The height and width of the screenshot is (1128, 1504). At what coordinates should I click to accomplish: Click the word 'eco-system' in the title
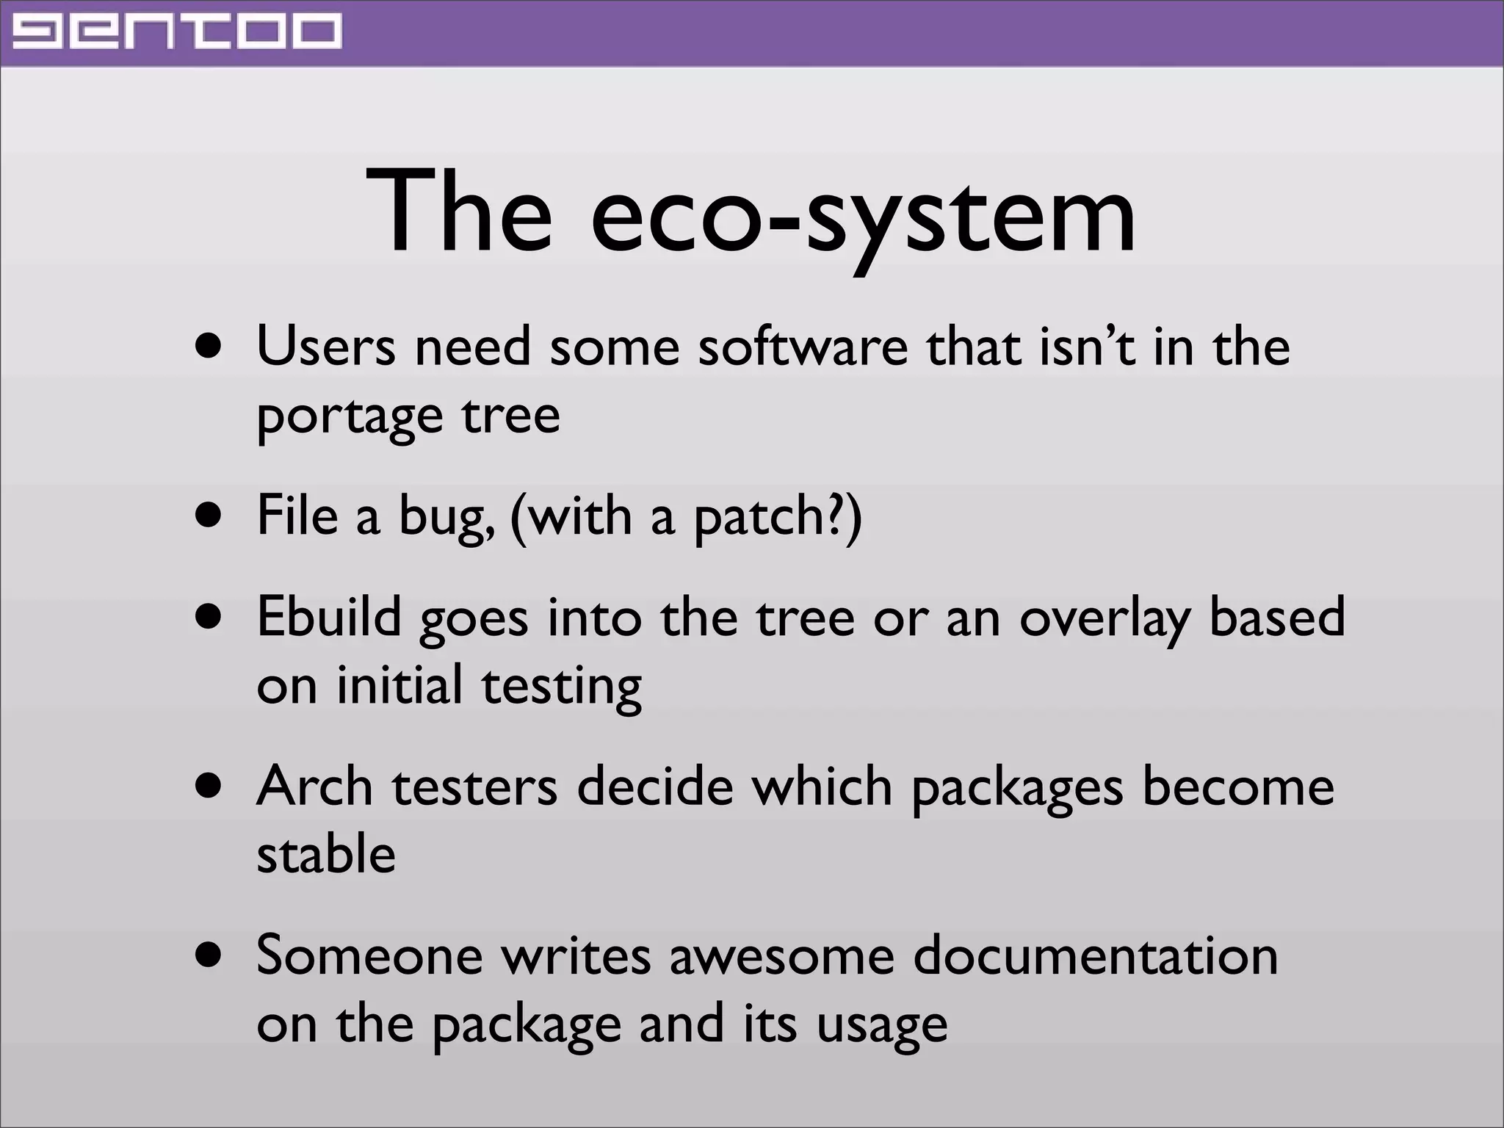(863, 213)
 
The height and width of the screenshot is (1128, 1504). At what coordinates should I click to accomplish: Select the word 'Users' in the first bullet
(325, 347)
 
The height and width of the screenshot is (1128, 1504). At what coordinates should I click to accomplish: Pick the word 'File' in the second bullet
(297, 516)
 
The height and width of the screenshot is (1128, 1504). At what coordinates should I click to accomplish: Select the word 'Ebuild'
(329, 617)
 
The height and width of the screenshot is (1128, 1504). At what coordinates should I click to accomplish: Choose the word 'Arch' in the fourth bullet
(316, 786)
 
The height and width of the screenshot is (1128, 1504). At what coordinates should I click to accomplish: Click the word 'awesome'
(781, 956)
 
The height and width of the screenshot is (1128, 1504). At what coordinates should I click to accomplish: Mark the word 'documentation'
(1095, 956)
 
